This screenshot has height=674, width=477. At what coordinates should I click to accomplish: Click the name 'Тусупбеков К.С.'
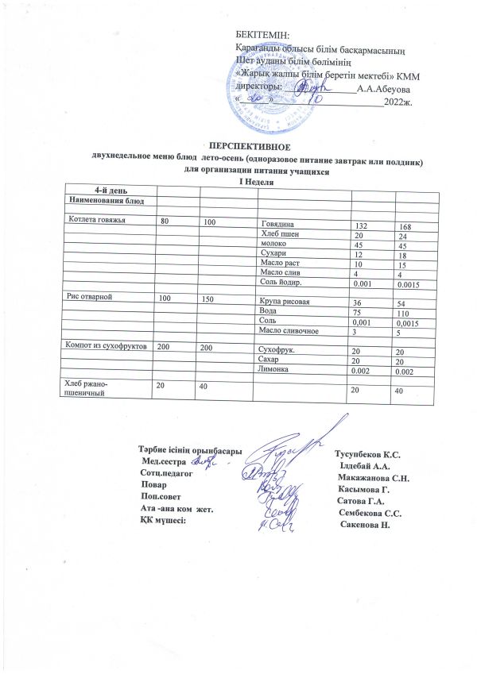tap(368, 454)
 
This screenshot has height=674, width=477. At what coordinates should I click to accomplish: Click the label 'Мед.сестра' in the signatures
tap(163, 461)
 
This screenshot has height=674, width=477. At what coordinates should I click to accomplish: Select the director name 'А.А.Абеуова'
tap(384, 90)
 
